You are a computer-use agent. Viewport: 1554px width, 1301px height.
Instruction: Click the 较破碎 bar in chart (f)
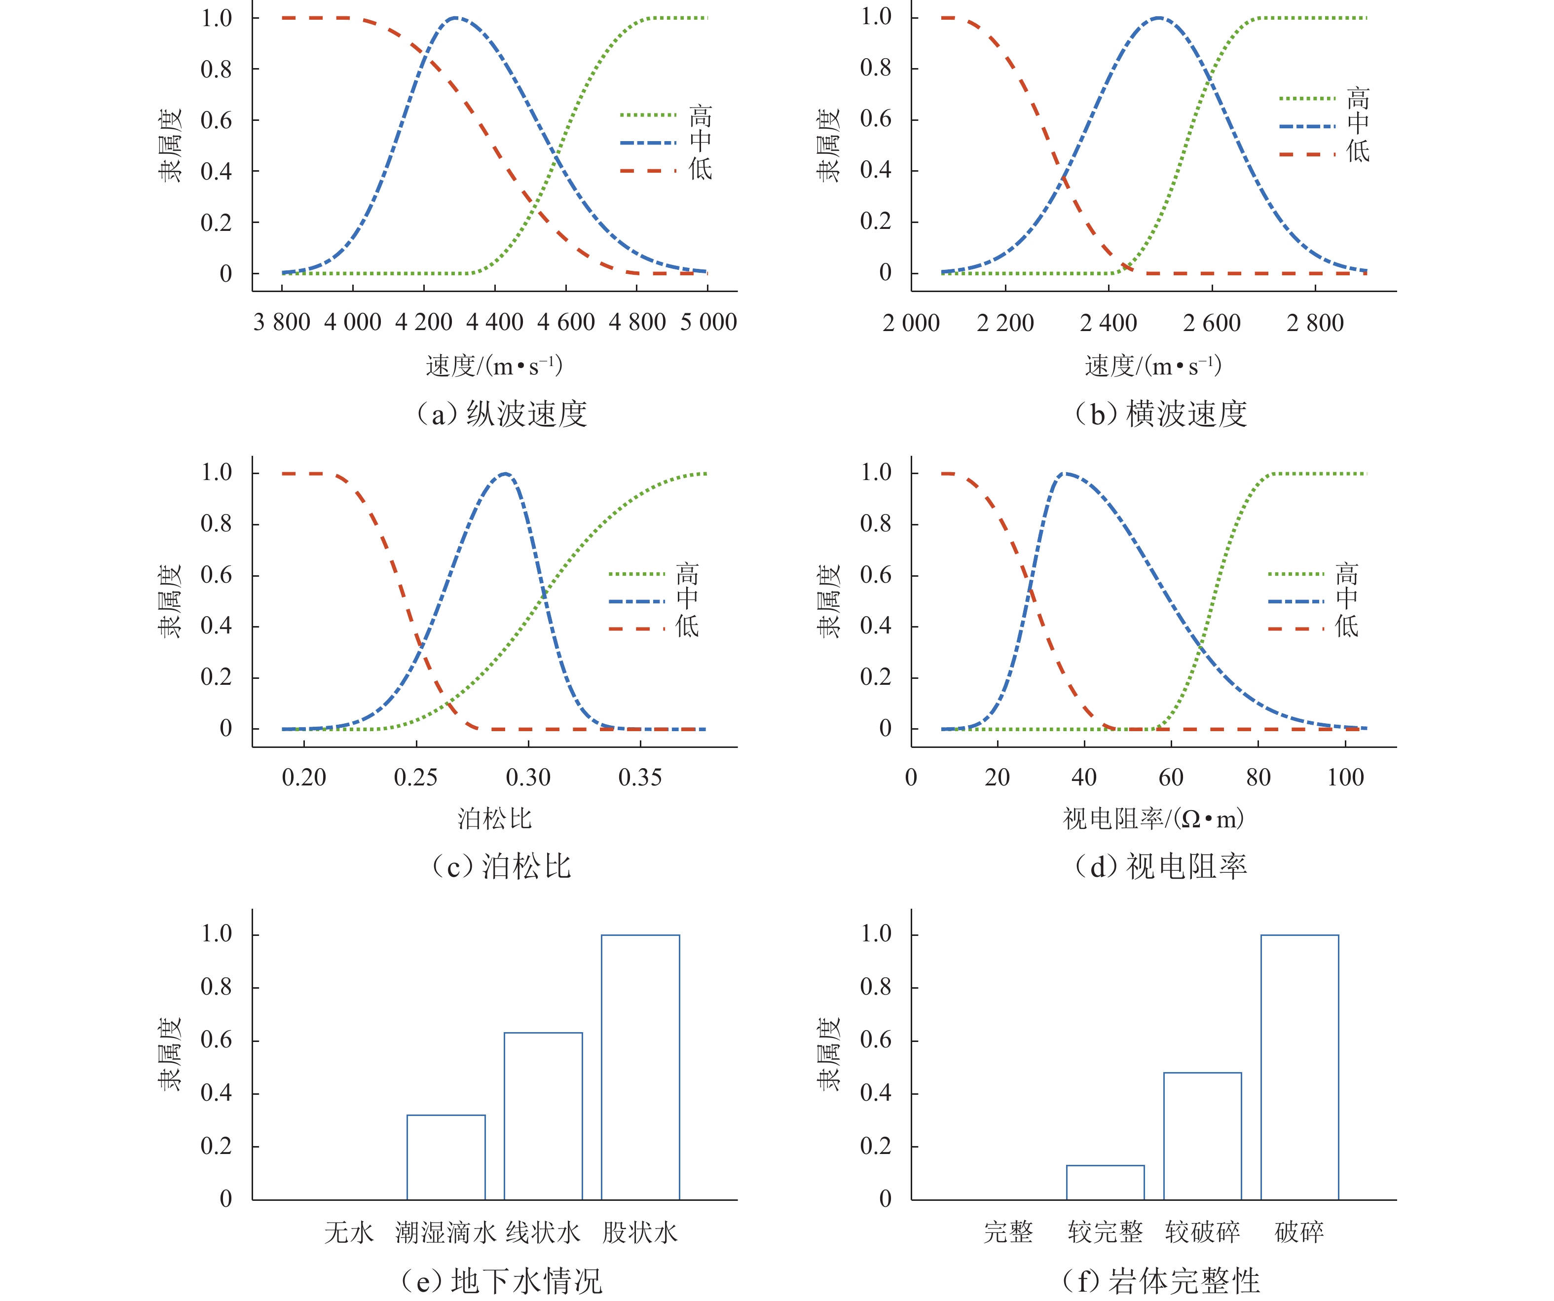pos(1203,1135)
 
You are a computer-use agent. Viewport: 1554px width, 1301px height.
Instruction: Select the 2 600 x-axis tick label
pos(1212,324)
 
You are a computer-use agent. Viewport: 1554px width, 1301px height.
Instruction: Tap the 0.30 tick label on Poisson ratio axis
pos(528,778)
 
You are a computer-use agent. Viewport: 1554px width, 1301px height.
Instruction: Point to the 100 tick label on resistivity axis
pos(1345,778)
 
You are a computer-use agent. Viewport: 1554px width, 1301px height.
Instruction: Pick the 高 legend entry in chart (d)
pos(1346,573)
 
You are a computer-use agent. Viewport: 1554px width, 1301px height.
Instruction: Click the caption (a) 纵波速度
pos(502,413)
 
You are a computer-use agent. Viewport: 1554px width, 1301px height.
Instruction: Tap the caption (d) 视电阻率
pos(1160,866)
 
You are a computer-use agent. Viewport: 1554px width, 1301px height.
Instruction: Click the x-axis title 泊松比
pos(494,818)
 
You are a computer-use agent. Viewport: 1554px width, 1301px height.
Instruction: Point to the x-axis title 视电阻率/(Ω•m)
pos(1153,818)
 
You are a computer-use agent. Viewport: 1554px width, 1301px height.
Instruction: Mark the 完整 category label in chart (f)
pos(1008,1232)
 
